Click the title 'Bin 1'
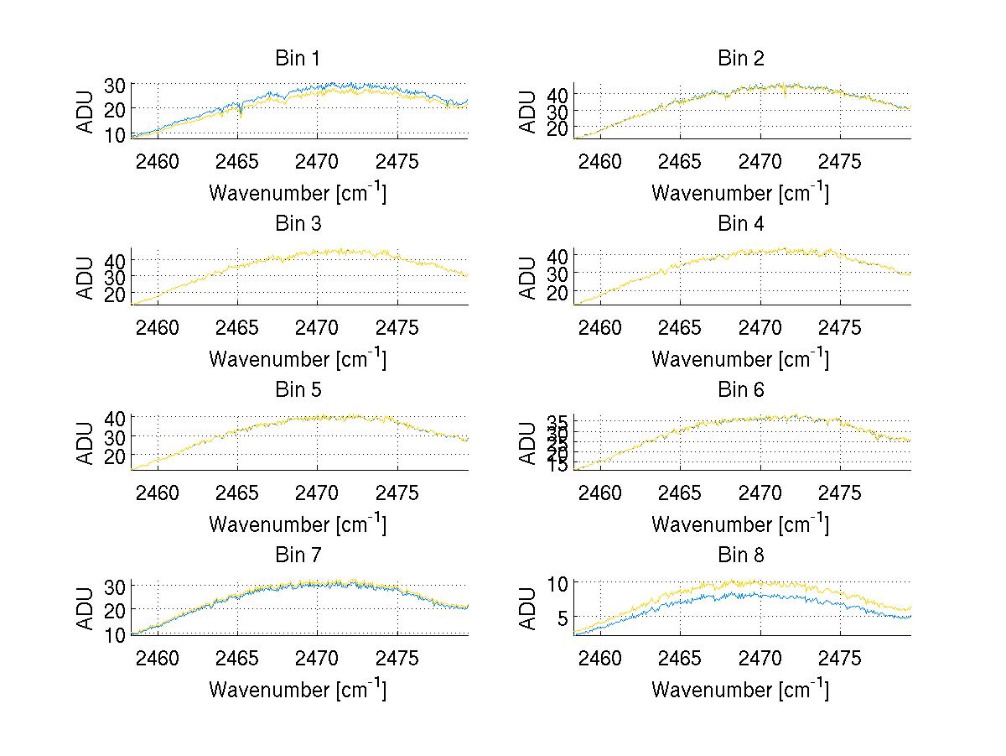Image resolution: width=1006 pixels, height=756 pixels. click(x=298, y=59)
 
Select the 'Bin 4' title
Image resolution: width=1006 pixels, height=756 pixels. click(x=741, y=224)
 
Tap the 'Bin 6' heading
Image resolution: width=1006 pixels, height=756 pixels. click(x=741, y=390)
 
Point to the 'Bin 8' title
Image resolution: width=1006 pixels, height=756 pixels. click(x=741, y=555)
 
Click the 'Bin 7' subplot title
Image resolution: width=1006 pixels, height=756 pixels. click(x=298, y=555)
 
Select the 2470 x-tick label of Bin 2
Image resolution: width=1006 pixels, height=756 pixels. click(x=760, y=161)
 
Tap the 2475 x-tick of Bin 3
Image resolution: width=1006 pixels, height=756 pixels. click(x=397, y=326)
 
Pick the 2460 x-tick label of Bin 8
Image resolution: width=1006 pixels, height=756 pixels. click(x=600, y=658)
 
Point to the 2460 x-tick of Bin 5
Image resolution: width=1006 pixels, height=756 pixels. click(x=158, y=493)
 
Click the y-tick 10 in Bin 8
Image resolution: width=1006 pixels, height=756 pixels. click(x=560, y=582)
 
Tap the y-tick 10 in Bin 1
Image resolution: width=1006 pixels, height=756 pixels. click(x=116, y=134)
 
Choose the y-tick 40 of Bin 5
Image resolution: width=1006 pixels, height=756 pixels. click(x=116, y=418)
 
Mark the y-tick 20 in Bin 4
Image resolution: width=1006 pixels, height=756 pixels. click(x=558, y=292)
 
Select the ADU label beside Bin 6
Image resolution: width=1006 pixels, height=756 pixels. click(x=528, y=443)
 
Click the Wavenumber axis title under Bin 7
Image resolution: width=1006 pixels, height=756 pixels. click(x=298, y=690)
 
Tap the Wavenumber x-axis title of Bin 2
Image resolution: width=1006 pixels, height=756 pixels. click(x=740, y=193)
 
